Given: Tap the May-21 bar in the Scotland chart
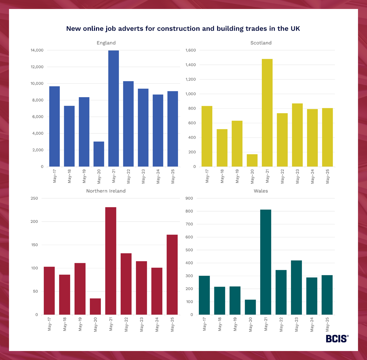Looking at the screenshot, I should click(x=267, y=113).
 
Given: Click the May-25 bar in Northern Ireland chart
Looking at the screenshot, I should click(x=172, y=274).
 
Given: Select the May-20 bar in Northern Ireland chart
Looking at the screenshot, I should click(x=95, y=306).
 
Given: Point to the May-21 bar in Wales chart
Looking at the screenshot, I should click(x=266, y=262).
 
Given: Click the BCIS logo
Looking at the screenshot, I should click(x=337, y=339).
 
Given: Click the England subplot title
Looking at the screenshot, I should click(x=106, y=43).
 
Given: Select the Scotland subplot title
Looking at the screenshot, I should click(x=261, y=43).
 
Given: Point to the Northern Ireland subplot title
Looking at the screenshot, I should click(x=106, y=191).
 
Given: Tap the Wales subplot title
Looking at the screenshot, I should click(x=261, y=191).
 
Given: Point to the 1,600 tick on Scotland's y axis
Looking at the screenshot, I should click(x=191, y=50).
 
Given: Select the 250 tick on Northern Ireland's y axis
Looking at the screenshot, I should click(x=34, y=198).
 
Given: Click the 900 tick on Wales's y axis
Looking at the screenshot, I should click(x=189, y=198).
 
